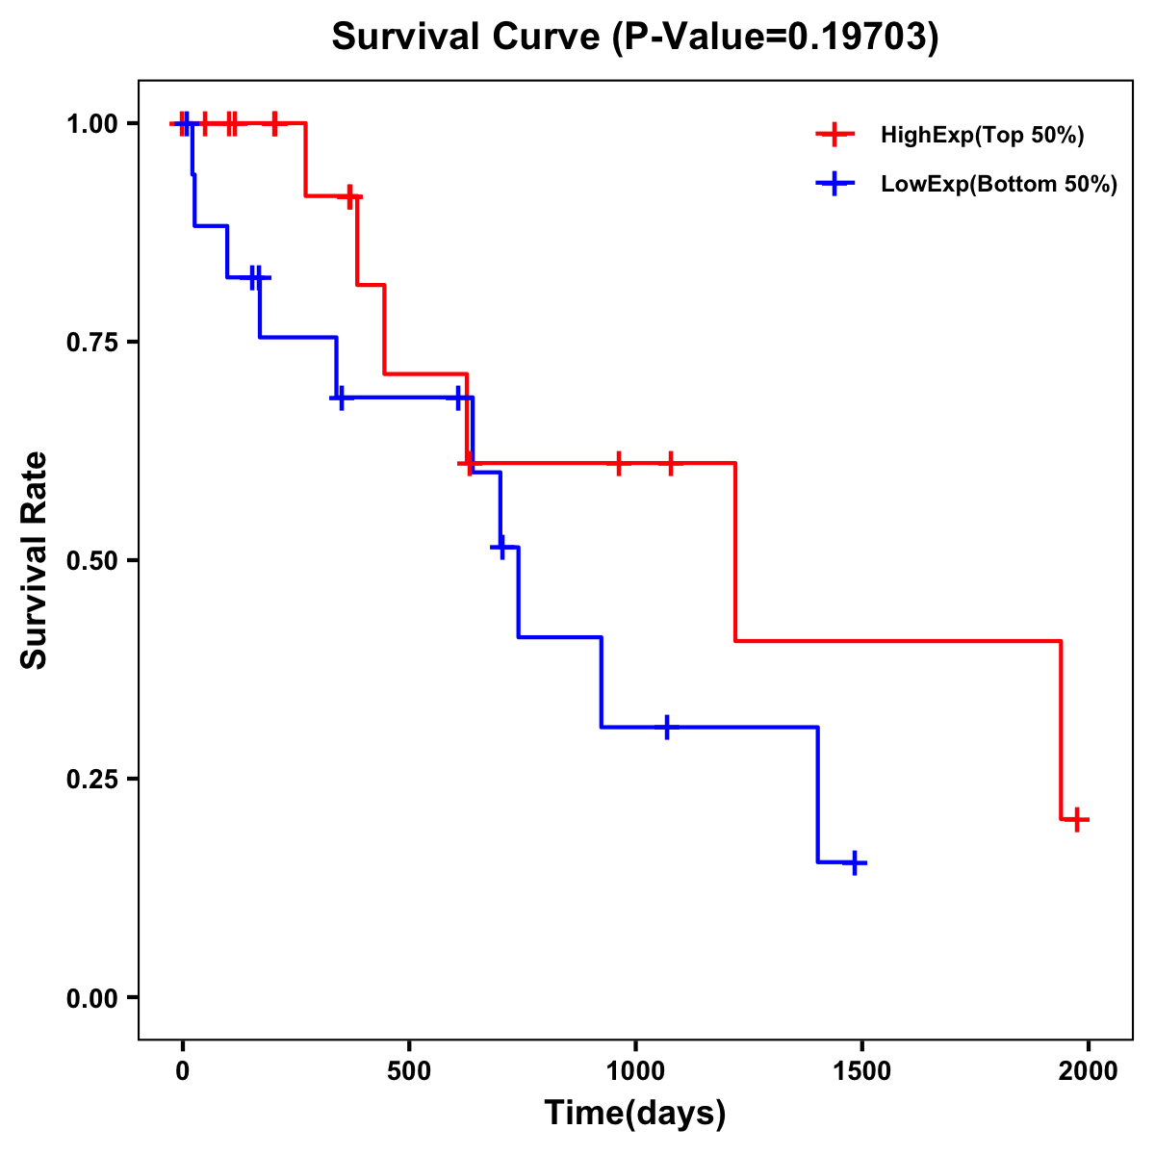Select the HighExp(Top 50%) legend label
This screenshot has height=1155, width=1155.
[982, 136]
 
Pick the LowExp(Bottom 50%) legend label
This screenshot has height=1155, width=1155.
[999, 185]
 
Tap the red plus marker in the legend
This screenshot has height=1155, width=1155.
[834, 135]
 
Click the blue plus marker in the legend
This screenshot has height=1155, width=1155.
[834, 184]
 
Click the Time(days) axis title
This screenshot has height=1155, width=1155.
[635, 1114]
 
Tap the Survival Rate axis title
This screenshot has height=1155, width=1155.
[35, 560]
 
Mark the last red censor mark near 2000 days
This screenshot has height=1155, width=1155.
[1078, 820]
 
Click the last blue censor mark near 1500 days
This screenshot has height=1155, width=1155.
[854, 862]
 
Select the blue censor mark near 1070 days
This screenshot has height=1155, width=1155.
[666, 727]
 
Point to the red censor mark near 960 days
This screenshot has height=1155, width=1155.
[618, 463]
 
